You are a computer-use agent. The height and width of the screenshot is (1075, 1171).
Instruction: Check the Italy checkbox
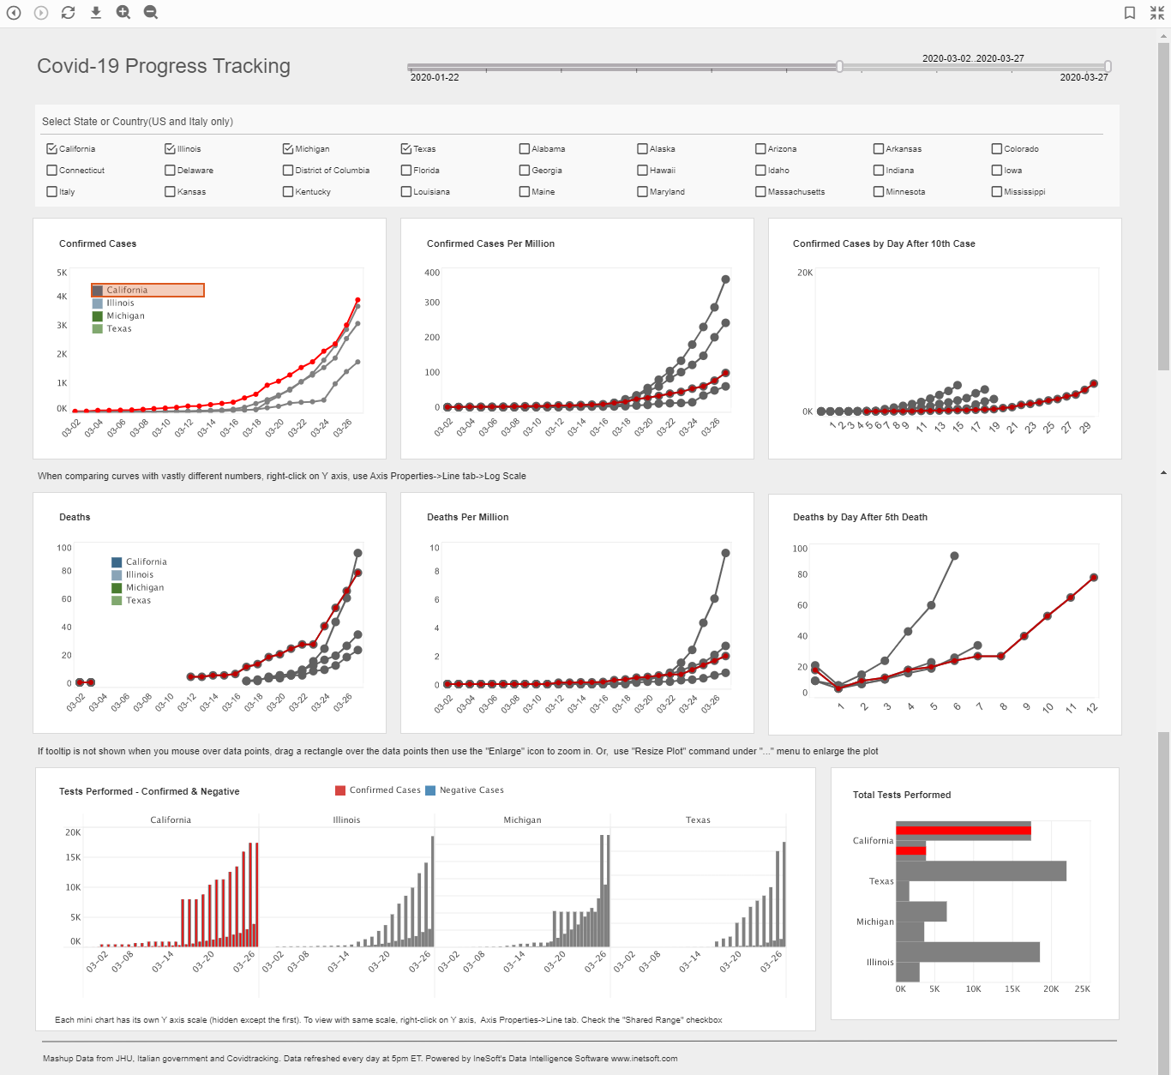[x=52, y=192]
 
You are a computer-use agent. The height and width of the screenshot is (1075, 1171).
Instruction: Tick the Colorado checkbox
[x=997, y=149]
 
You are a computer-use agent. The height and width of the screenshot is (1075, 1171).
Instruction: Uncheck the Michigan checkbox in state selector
[x=288, y=149]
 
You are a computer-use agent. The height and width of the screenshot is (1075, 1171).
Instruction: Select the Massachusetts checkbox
[x=760, y=192]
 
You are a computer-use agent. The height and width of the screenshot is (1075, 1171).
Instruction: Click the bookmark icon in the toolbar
[x=1130, y=13]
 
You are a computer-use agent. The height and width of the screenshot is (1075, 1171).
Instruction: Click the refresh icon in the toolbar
[x=69, y=12]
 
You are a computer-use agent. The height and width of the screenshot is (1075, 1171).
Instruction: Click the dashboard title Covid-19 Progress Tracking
[x=164, y=66]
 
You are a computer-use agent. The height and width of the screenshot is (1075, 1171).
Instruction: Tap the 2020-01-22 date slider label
[x=435, y=77]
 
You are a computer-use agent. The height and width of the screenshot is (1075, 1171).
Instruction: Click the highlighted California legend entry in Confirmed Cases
[x=147, y=291]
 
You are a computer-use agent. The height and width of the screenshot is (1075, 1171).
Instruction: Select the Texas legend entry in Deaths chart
[x=138, y=601]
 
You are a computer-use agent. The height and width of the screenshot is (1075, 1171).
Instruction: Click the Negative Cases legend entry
[x=471, y=790]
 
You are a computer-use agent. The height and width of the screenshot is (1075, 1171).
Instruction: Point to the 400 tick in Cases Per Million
[x=432, y=273]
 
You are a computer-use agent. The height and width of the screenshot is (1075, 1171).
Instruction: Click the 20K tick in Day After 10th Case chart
[x=805, y=273]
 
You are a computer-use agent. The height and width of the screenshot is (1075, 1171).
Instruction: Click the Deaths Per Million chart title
[x=468, y=517]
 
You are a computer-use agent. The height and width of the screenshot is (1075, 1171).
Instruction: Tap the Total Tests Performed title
[x=902, y=795]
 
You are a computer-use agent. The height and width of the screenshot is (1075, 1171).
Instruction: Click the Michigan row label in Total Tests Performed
[x=874, y=922]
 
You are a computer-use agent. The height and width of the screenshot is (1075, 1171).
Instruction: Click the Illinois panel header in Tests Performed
[x=346, y=820]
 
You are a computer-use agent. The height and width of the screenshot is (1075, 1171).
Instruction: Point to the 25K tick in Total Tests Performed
[x=1082, y=989]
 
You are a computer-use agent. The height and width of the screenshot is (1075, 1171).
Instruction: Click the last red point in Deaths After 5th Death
[x=1093, y=578]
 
